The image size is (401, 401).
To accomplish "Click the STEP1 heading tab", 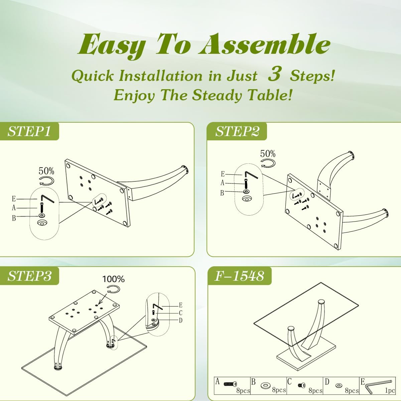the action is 29,131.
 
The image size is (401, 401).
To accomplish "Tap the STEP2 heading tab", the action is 237,131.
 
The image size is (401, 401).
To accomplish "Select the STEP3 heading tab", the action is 29,276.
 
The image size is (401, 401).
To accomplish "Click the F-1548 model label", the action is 239,276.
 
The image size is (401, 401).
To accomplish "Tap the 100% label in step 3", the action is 113,279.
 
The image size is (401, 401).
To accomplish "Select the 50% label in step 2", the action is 268,154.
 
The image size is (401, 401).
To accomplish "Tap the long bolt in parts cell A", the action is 230,384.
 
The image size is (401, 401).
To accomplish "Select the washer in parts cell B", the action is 266,385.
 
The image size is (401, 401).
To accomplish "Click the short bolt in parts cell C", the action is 302,385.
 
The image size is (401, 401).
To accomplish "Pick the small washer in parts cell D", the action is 339,386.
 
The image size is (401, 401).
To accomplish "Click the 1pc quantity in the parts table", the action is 390,390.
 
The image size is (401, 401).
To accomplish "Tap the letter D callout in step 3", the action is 181,320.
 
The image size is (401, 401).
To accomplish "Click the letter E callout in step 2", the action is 223,173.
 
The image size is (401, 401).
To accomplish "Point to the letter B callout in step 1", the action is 14,218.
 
